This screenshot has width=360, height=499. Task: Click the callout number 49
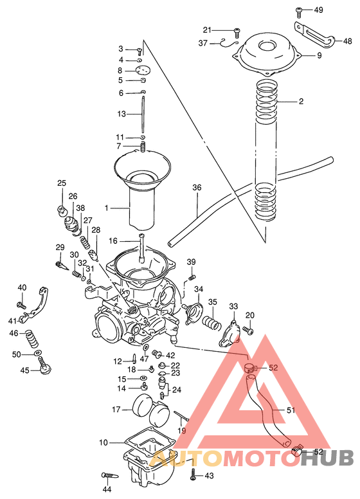tap(318, 10)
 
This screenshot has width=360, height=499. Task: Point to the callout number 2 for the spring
tap(301, 102)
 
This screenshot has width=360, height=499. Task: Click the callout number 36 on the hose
tap(197, 188)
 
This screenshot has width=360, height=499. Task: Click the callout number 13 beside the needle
tap(122, 114)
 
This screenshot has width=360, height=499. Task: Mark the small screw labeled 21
tap(236, 30)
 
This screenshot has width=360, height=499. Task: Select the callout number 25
tap(62, 183)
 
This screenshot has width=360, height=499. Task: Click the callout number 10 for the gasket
tap(104, 442)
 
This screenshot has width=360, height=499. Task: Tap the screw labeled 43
tap(194, 476)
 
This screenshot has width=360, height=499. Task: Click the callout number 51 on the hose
tap(291, 410)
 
